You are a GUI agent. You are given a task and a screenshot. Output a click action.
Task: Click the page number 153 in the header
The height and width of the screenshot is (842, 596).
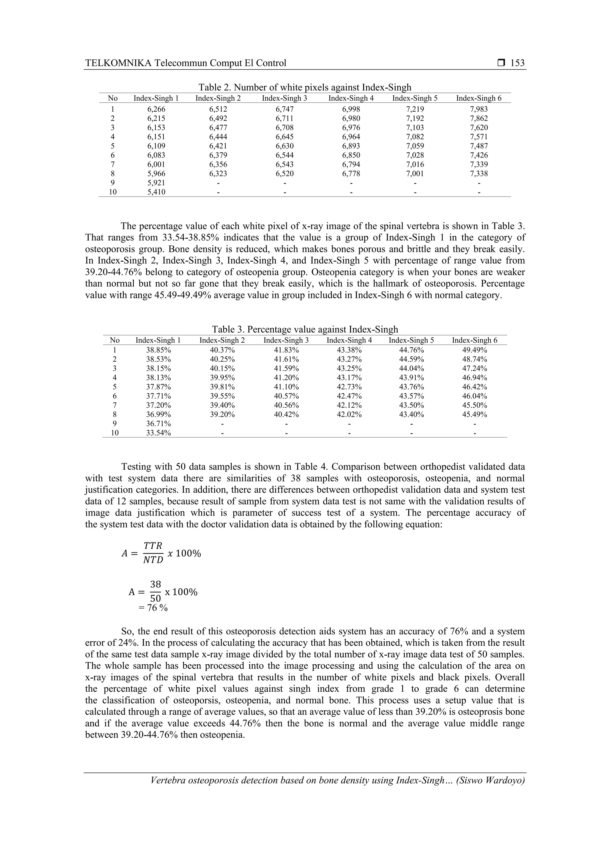517,63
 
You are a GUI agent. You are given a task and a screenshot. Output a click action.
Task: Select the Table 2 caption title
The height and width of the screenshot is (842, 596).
305,87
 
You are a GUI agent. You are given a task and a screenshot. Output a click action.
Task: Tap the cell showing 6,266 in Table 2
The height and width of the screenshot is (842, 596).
156,109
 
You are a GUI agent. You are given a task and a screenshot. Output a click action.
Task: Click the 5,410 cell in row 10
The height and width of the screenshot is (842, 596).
156,192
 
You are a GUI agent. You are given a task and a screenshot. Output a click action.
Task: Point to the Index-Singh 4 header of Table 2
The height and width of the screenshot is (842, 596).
351,98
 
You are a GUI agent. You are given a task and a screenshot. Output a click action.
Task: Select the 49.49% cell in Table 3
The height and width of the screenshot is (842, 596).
475,350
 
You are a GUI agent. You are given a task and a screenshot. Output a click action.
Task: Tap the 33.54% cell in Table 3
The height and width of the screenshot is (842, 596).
159,433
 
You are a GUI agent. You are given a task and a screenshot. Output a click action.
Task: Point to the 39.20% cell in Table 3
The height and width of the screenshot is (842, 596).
222,414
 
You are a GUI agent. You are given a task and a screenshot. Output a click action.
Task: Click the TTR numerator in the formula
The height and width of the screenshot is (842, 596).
153,545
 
